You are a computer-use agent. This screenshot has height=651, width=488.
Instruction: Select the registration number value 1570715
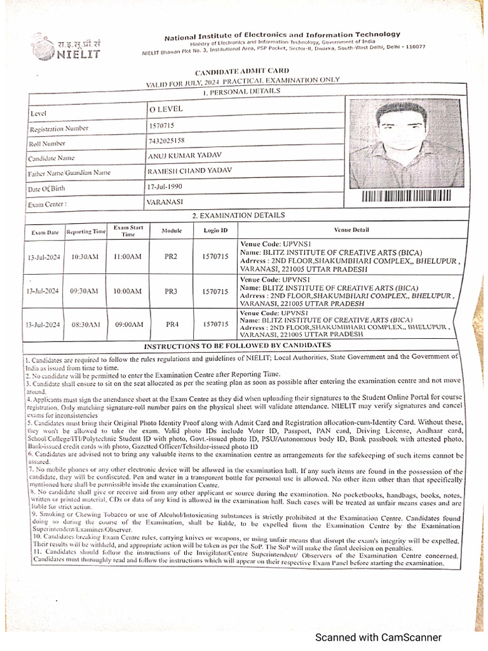(x=161, y=126)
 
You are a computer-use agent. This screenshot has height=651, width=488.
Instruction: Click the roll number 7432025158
(x=166, y=140)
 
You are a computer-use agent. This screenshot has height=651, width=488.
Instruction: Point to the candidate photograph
(x=403, y=142)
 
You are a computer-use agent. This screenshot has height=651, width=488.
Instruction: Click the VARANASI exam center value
(x=165, y=202)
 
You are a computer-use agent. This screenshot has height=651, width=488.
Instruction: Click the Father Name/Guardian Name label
(x=69, y=173)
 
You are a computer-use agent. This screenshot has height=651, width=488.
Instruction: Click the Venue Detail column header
(x=351, y=230)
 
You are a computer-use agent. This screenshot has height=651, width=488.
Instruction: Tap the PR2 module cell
(x=171, y=256)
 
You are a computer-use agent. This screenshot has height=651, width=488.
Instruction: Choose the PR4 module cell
(x=172, y=324)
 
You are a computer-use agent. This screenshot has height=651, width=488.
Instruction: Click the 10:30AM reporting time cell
(x=85, y=257)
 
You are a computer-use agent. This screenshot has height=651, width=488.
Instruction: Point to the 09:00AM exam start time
(x=128, y=324)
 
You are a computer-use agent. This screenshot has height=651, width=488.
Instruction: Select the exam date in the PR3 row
(x=43, y=291)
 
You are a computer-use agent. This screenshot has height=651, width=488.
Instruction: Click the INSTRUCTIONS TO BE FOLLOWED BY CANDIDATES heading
(x=237, y=345)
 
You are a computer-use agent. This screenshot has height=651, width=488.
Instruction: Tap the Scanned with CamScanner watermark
(x=379, y=638)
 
